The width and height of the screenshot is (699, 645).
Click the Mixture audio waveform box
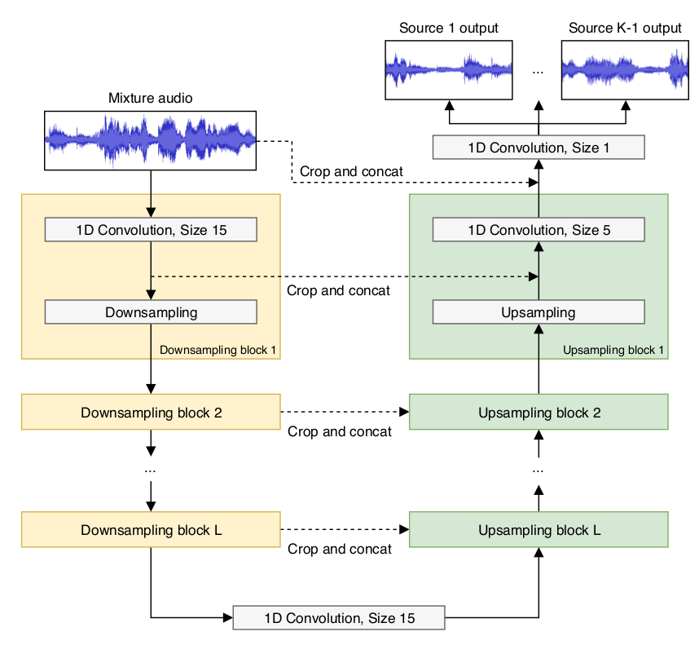[x=150, y=140]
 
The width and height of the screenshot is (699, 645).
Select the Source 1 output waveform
[x=448, y=70]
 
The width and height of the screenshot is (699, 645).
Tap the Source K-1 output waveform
[x=625, y=70]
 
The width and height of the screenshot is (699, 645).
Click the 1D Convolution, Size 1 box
[x=539, y=148]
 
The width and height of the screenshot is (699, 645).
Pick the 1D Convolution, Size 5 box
[x=539, y=230]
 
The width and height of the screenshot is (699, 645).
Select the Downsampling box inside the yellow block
[x=151, y=311]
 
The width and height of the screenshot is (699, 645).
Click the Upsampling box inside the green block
[x=539, y=311]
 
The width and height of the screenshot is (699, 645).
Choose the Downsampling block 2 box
[x=151, y=412]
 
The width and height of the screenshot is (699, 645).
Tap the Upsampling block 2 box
[x=539, y=412]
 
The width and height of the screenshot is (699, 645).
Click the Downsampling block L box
[x=151, y=529]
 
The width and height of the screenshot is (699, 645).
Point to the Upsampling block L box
[x=539, y=529]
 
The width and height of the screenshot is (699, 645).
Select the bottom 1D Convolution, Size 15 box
[x=339, y=618]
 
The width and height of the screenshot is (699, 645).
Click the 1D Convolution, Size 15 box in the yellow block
[x=151, y=230]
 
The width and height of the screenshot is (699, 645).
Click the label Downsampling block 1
[x=218, y=350]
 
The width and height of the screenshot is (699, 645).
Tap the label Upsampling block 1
[x=613, y=350]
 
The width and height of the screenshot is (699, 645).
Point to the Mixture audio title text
[x=150, y=98]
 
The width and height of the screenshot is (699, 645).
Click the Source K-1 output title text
[x=625, y=28]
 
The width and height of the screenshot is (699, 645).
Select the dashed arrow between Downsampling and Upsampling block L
[x=345, y=529]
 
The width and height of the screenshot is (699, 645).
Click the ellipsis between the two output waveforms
[x=538, y=72]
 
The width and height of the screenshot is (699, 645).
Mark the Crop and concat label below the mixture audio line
[x=351, y=171]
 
